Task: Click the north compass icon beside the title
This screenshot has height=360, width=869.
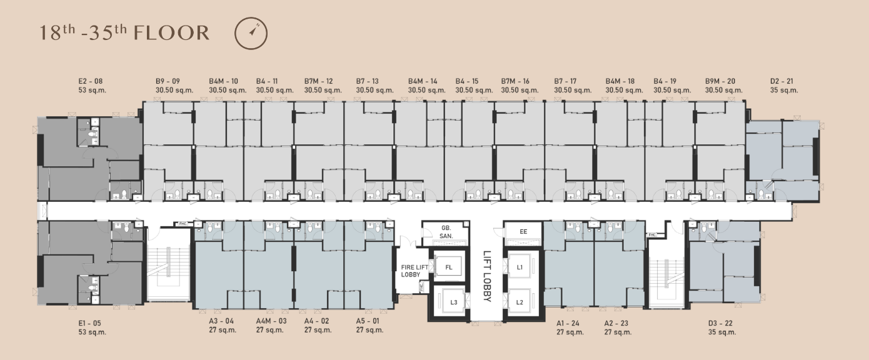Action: [251, 33]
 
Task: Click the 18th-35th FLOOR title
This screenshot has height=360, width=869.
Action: [124, 32]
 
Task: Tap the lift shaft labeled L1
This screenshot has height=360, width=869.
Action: [520, 267]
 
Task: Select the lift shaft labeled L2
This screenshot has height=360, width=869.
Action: [520, 302]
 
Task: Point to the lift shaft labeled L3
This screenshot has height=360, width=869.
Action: [453, 302]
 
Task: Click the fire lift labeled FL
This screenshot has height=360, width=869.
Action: [449, 267]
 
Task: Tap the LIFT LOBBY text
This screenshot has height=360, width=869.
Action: [487, 276]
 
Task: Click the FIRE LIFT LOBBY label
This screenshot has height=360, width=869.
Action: [414, 271]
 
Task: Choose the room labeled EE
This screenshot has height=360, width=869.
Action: [523, 232]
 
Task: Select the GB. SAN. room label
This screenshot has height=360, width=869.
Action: [446, 232]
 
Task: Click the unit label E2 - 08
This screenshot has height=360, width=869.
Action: [91, 81]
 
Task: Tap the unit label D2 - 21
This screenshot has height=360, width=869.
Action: [781, 81]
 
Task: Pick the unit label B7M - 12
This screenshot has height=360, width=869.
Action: [318, 81]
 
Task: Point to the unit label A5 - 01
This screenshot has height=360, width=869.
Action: [368, 321]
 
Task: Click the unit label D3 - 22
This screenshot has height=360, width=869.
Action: [720, 323]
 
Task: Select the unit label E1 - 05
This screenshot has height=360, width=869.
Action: [89, 323]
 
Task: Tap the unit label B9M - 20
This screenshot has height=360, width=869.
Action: [720, 81]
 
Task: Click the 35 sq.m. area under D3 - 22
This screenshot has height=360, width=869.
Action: [722, 332]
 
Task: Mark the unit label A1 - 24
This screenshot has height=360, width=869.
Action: [568, 323]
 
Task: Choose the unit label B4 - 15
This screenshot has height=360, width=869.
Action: [467, 81]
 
